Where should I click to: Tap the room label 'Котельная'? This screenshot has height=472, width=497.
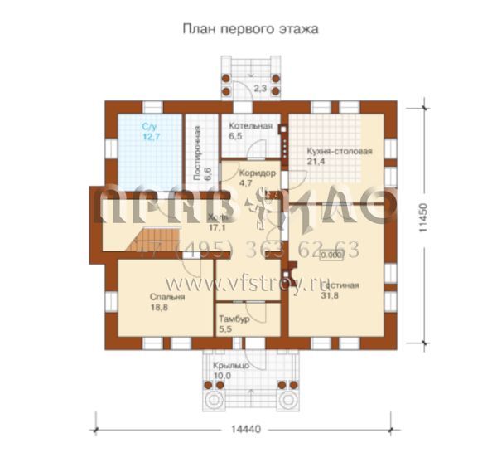250,125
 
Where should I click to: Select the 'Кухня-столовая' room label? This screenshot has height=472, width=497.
339,152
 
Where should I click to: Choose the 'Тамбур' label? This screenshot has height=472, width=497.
231,319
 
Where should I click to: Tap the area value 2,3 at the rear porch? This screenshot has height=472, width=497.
259,87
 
